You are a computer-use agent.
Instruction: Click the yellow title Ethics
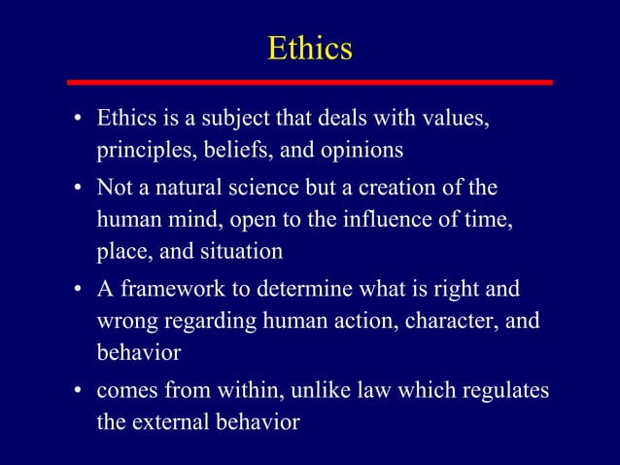coord(309,48)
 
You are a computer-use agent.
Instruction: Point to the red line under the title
coord(309,83)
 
